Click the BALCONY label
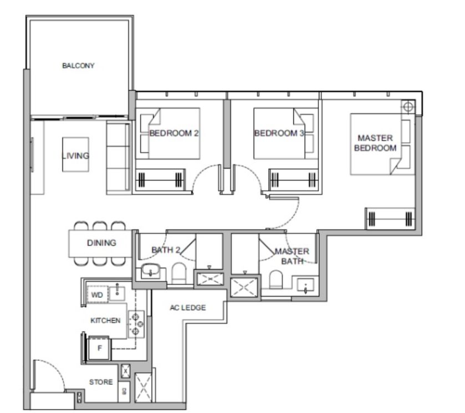tap(78, 65)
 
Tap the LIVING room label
tap(75, 156)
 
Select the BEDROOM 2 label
tap(174, 133)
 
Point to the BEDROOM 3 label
tap(279, 133)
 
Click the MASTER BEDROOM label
tap(375, 143)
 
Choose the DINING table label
tap(101, 243)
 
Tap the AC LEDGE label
tap(188, 307)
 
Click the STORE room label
tap(101, 382)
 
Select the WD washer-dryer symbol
tap(98, 295)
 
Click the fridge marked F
tap(99, 348)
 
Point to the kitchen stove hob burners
tap(136, 324)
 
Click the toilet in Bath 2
tap(179, 273)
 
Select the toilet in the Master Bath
tap(276, 279)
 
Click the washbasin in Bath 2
tap(151, 270)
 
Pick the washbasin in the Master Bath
tap(306, 286)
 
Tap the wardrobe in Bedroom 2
tap(160, 180)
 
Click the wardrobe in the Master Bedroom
tap(390, 219)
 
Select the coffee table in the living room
tap(75, 154)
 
